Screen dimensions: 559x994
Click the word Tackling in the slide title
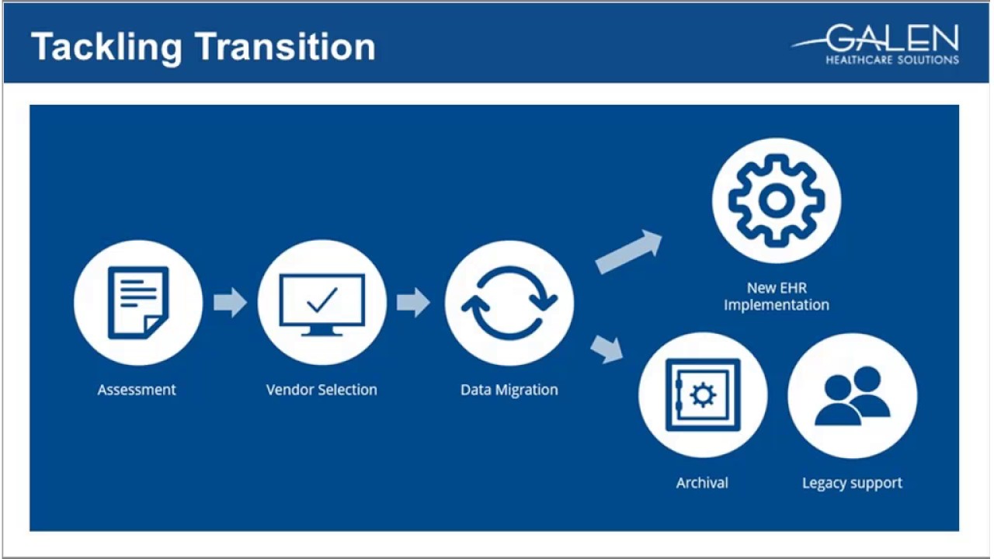pos(107,47)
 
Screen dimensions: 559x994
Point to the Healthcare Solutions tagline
pos(891,60)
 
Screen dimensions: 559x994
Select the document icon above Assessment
pos(138,302)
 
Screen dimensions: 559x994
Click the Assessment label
pos(137,390)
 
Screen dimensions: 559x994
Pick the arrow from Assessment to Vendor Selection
pos(230,302)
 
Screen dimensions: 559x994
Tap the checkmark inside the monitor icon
pos(322,299)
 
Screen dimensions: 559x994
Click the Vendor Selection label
pos(321,390)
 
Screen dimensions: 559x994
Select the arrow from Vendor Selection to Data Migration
pos(413,302)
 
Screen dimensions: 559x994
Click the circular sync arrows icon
pos(509,303)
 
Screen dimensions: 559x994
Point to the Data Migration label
pos(509,390)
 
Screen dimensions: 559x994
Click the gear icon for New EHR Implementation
pos(776,201)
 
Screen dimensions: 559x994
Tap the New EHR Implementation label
pos(776,297)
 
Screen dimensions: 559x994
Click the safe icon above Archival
pos(703,394)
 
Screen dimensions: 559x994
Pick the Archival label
pos(702,483)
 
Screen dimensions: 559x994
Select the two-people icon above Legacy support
pos(852,395)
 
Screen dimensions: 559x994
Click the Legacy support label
pos(852,483)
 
